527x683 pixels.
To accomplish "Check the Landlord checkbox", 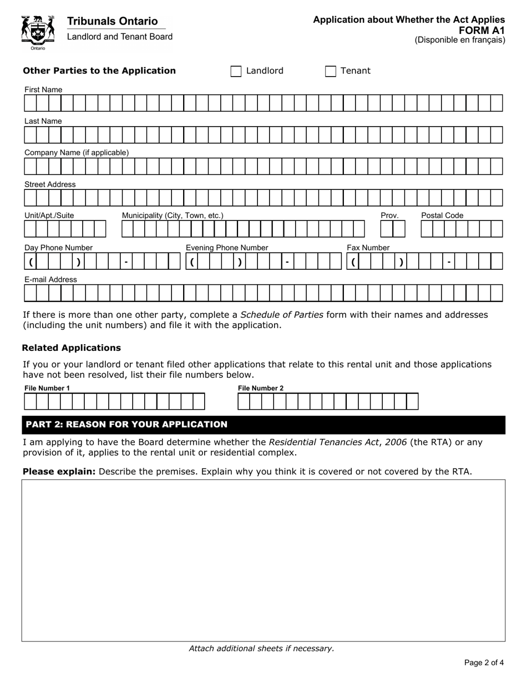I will coord(236,71).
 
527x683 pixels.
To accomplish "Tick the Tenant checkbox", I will coord(331,71).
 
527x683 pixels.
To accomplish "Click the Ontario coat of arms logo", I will coord(38,32).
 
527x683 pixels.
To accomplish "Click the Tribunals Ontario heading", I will coord(112,21).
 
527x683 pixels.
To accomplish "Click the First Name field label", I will coord(43,90).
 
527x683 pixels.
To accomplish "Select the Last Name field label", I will coord(43,121).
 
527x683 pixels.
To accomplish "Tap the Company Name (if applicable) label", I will coord(77,153).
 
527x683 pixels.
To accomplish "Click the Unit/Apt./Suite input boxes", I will coord(64,229).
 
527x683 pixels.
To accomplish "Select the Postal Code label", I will coord(442,215).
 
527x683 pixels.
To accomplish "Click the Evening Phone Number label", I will coord(227,248).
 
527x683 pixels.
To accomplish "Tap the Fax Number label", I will coord(368,248).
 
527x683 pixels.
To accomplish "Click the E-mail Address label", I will coord(50,279).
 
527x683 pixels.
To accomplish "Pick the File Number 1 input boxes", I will coord(114,401).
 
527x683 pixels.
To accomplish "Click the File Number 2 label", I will coord(261,388).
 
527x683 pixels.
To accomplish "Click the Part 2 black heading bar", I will coord(263,425).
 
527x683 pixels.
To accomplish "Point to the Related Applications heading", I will coord(71,348).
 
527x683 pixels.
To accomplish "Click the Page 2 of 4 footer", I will coord(484,662).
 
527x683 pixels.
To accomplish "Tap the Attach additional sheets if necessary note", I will coord(261,648).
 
